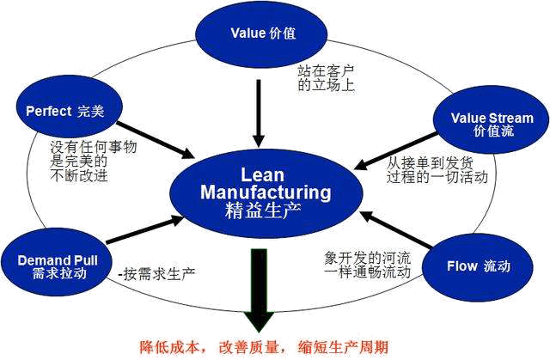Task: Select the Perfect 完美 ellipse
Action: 65,111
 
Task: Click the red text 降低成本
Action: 174,348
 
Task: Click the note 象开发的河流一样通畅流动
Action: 359,265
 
